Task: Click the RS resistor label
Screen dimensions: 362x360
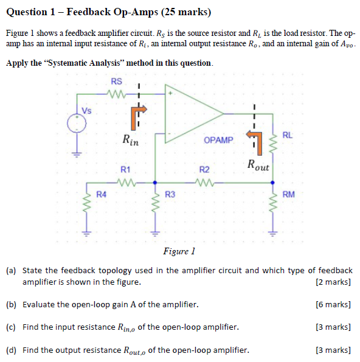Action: (116, 82)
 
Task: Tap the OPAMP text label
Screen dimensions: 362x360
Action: (218, 140)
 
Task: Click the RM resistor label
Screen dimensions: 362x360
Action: (289, 195)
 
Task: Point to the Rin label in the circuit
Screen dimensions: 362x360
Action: (130, 141)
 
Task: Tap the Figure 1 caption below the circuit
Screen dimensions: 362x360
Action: (179, 251)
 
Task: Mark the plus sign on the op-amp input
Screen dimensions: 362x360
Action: (172, 94)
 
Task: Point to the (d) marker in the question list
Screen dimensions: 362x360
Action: (11, 350)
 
